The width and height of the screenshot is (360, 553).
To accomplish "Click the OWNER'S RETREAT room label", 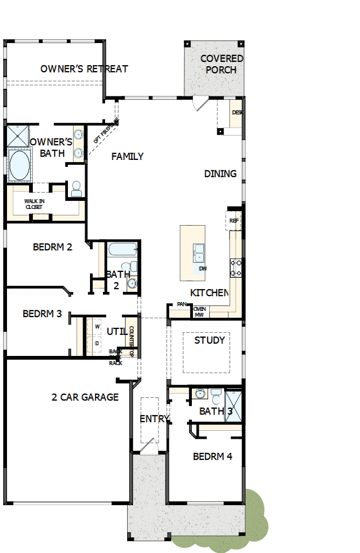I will point(84,69).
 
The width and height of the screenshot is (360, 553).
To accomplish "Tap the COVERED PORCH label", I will point(221,64).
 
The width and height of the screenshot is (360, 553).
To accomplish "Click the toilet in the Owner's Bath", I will point(76,188).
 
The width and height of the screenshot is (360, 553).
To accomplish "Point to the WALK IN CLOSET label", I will point(34,204).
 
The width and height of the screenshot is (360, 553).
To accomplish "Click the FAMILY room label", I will point(127,157).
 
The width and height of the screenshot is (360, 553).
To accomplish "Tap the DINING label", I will point(220,174).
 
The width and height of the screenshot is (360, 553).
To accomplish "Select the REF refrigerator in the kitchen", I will point(234,221).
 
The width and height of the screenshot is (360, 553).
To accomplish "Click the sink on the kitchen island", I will point(198,253).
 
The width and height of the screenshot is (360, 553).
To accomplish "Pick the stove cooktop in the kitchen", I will point(236,268).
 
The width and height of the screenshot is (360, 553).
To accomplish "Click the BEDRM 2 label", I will point(52,247).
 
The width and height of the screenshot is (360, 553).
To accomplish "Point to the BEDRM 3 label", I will point(42,313).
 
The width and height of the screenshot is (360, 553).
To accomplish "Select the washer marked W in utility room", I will point(98,327).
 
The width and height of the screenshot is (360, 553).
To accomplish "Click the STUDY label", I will point(210,340).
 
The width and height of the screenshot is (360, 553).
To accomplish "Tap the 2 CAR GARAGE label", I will point(85,397).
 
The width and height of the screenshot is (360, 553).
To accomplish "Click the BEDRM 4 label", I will point(212,457).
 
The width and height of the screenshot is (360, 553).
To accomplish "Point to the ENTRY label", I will point(154,419).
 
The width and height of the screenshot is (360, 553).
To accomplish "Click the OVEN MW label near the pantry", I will point(199,311).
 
